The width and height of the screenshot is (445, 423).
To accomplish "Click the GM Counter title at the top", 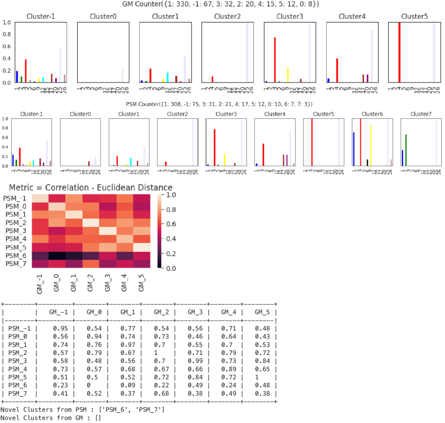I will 222,4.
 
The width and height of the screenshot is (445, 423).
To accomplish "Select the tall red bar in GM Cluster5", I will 399,52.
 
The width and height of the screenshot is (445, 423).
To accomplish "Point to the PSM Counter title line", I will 222,104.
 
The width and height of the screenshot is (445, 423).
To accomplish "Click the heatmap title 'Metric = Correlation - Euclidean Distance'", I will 91,187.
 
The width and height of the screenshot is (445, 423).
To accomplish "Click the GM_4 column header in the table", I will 228,312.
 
